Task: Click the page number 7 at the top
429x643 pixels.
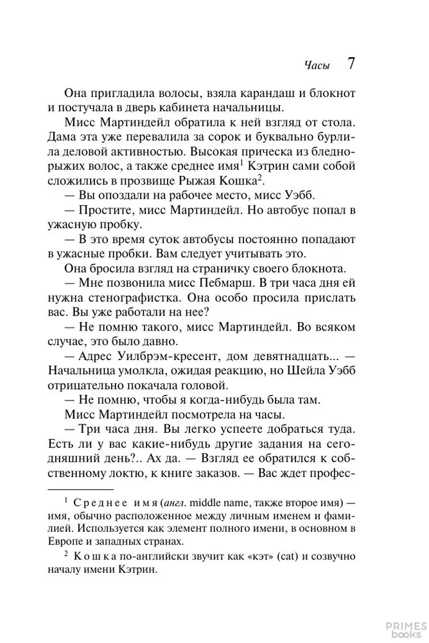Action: [x=351, y=64]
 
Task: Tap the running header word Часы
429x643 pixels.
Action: [x=316, y=66]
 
